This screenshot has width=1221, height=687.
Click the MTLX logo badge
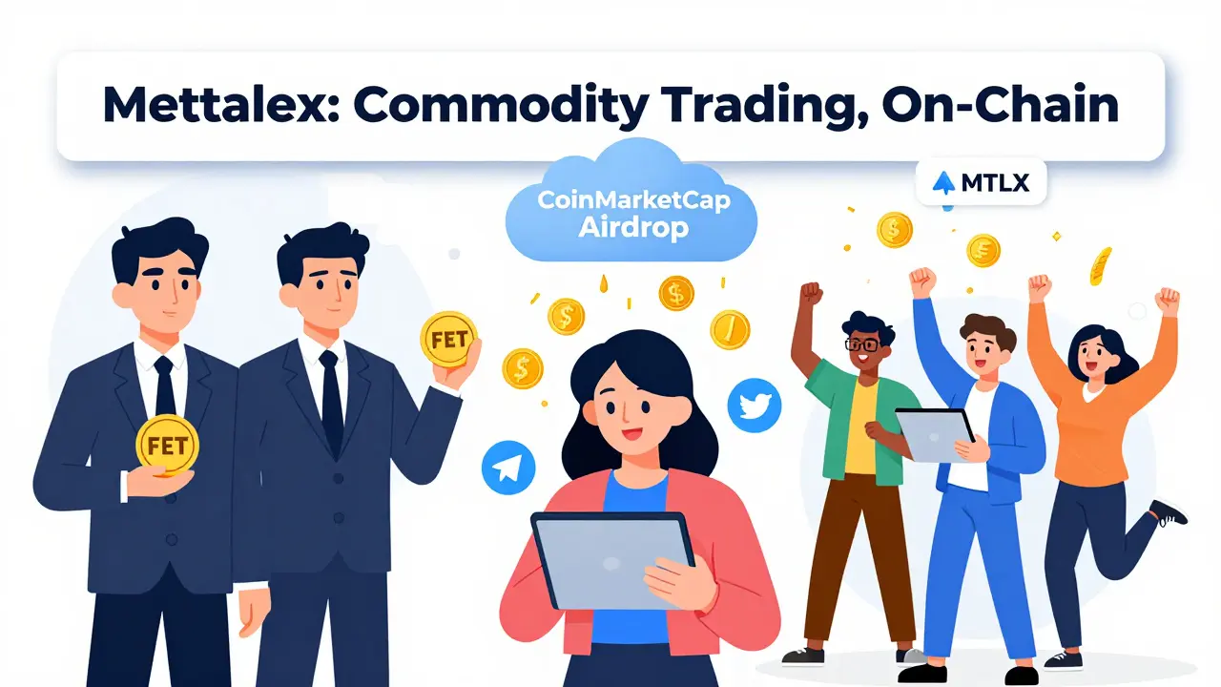pos(981,181)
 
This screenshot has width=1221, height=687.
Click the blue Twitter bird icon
pos(754,406)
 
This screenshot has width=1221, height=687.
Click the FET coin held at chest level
pos(167,444)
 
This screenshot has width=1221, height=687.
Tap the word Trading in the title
pos(744,106)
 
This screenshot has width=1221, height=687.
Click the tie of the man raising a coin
pos(331,401)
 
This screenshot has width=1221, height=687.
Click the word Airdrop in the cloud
pos(633,230)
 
